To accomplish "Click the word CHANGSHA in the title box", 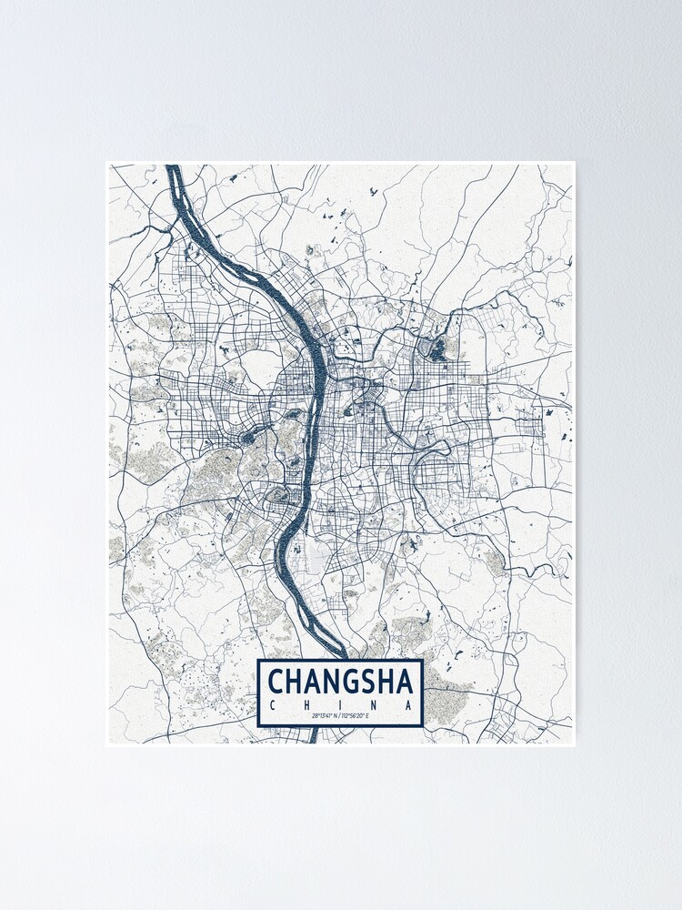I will click(340, 681).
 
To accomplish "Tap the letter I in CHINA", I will click(341, 703).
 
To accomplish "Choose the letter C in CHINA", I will click(272, 703).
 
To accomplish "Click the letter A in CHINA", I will click(410, 703).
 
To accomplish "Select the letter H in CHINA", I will click(306, 703).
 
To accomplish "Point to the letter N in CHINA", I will click(376, 703).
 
